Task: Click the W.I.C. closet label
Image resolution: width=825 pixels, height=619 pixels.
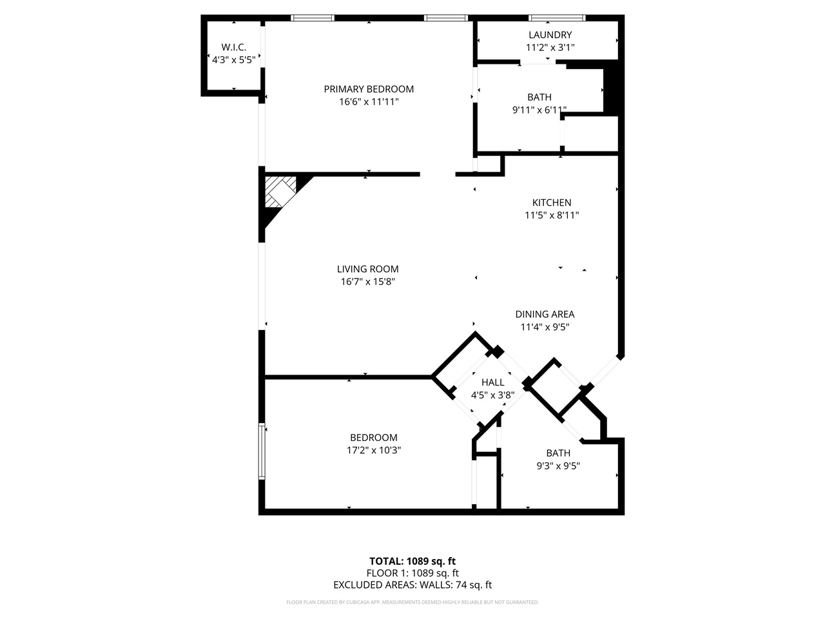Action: (x=233, y=47)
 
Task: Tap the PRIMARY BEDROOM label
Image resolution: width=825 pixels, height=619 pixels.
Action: (x=369, y=89)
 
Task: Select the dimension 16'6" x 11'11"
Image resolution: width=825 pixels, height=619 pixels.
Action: (x=369, y=102)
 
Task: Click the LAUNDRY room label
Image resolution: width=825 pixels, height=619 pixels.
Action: (x=550, y=35)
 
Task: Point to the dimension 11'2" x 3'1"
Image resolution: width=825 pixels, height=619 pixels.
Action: (x=550, y=47)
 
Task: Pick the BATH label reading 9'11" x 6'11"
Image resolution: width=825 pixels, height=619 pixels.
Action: (x=539, y=97)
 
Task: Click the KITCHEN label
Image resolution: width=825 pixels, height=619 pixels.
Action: (x=552, y=202)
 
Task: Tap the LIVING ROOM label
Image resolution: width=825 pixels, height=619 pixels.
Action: (x=367, y=269)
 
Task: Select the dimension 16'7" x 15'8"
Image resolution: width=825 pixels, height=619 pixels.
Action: (x=367, y=282)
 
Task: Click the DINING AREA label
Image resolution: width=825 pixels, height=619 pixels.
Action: (x=545, y=314)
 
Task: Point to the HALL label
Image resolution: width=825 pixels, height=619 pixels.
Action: (x=492, y=382)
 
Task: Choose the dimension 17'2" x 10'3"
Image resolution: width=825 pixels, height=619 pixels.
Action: (x=374, y=451)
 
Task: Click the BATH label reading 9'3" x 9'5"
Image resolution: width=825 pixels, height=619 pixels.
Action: (x=558, y=453)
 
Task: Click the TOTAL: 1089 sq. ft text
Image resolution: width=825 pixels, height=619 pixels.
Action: (x=412, y=561)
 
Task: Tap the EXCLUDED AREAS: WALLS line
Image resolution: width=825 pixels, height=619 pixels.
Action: (x=412, y=585)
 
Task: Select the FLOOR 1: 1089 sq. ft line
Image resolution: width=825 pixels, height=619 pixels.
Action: (x=412, y=573)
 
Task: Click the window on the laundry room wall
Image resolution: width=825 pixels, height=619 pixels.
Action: (x=557, y=17)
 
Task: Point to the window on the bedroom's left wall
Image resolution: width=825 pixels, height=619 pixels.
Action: (x=262, y=451)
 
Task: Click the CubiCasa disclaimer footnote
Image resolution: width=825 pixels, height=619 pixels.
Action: (x=412, y=602)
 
